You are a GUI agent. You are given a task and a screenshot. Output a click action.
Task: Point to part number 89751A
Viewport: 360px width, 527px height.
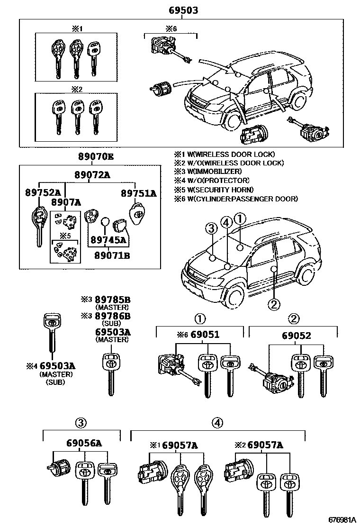click(x=138, y=193)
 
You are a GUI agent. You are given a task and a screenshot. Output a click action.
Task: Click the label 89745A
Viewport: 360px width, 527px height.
click(x=109, y=240)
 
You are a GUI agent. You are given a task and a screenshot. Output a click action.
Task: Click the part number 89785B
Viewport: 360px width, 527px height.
click(x=112, y=300)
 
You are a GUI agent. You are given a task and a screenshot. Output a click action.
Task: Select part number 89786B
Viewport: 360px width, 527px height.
click(x=112, y=316)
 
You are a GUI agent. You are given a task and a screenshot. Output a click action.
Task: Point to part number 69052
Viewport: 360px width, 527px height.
click(x=296, y=336)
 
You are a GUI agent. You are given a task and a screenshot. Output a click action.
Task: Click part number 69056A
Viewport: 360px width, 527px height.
click(x=84, y=444)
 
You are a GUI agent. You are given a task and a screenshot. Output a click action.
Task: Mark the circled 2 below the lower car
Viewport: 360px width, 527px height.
click(x=273, y=304)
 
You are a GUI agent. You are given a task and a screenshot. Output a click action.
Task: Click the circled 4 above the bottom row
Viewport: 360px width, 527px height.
click(x=217, y=422)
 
